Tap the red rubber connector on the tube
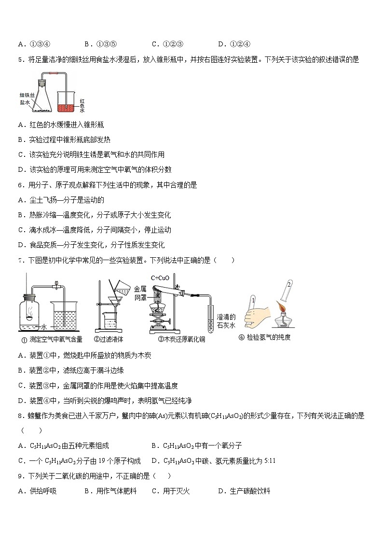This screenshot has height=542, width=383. [x=51, y=73]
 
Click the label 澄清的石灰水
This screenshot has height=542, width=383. [x=226, y=321]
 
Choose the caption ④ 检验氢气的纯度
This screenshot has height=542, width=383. [x=264, y=337]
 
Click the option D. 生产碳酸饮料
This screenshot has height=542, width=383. [x=244, y=491]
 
